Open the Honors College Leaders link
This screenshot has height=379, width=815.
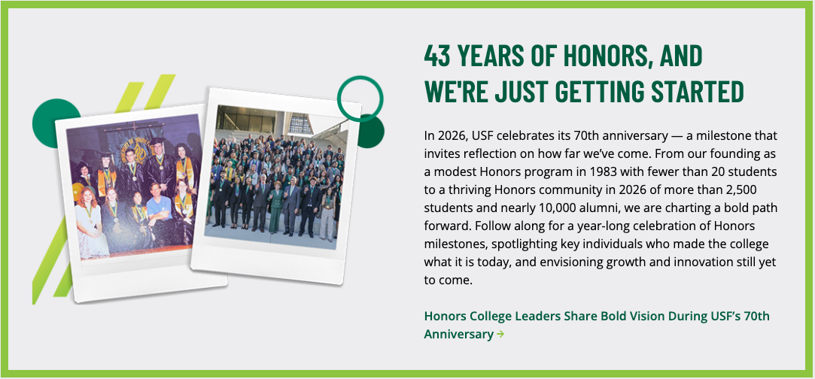tap(597, 325)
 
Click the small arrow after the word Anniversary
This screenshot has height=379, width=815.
tap(500, 334)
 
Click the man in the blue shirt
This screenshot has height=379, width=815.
tap(159, 208)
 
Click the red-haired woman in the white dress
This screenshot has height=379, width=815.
tap(90, 223)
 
